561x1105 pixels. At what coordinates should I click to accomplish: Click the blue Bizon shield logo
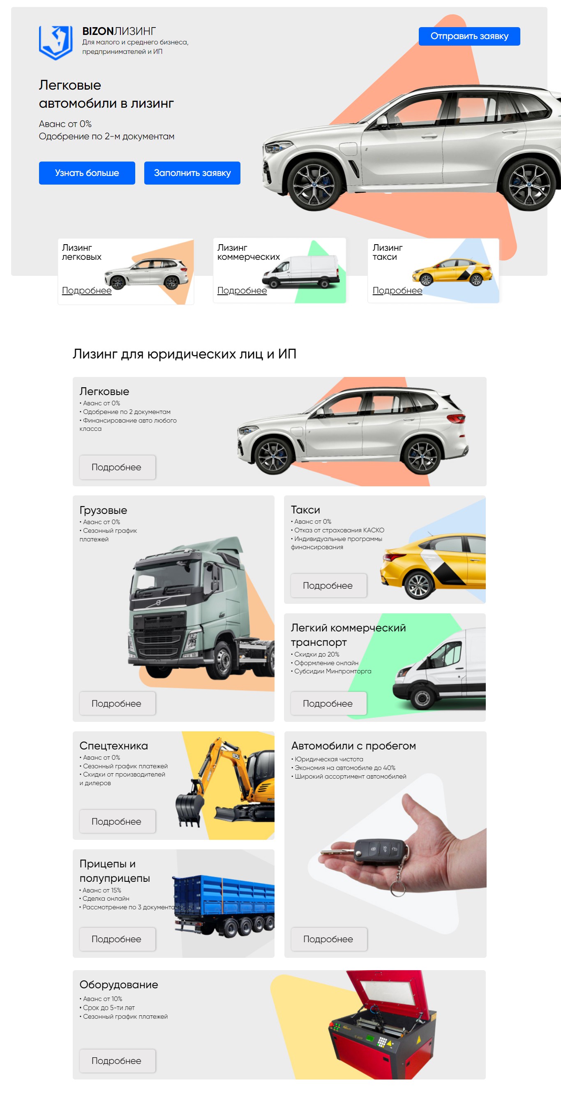click(56, 42)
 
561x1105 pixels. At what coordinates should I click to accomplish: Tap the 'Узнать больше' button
click(87, 173)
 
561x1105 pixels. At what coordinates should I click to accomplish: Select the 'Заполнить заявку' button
click(192, 173)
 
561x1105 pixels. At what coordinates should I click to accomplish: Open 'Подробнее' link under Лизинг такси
click(397, 290)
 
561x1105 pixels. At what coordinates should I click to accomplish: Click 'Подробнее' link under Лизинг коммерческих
click(242, 290)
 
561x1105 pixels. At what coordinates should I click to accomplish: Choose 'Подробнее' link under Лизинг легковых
click(87, 290)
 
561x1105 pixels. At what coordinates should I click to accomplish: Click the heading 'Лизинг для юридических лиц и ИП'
click(185, 354)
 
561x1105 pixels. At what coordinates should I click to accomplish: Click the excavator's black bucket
click(189, 809)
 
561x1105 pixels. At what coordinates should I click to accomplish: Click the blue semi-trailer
click(224, 905)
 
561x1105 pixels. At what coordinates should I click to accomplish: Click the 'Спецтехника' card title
click(114, 746)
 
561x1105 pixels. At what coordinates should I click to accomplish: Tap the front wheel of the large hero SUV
click(314, 185)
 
